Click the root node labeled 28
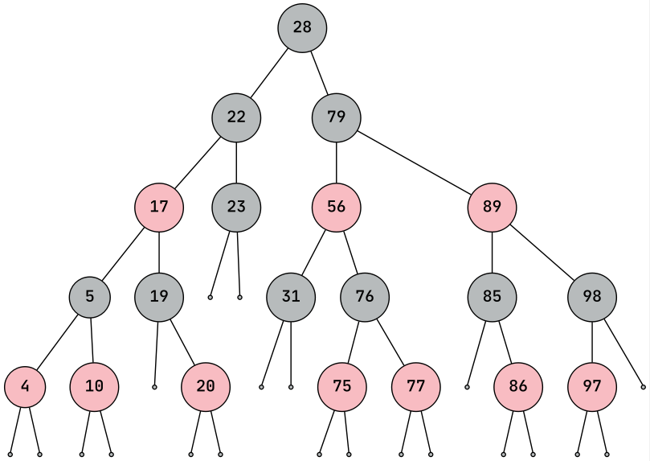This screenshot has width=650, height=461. point(302,27)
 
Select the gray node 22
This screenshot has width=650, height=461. point(236,117)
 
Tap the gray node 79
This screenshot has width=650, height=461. point(337,117)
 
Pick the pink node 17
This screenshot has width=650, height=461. point(159,206)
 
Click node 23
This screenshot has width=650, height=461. point(236,206)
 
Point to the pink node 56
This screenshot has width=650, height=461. point(337,206)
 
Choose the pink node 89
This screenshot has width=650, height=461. point(493,206)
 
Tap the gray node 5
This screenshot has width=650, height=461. point(90,296)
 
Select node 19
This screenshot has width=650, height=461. point(159,296)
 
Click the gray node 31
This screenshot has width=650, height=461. point(291,296)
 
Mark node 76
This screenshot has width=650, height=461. point(365,296)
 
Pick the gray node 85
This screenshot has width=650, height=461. point(493,296)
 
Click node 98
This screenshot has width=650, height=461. point(592,296)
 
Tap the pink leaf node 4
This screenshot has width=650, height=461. point(25,386)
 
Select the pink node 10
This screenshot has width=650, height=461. point(94,386)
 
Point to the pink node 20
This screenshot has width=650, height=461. point(206,386)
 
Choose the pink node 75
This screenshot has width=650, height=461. point(342,386)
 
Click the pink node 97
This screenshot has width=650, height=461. point(592,386)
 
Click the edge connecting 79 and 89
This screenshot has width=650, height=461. point(415,162)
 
